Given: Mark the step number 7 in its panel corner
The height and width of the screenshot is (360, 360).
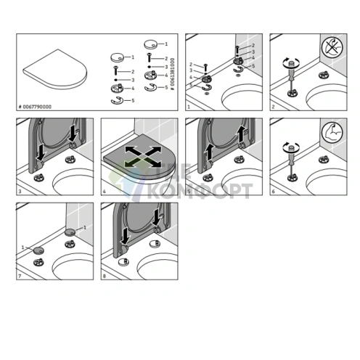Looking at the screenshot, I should click(20, 277).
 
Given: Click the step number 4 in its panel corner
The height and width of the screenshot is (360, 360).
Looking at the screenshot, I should click(105, 192).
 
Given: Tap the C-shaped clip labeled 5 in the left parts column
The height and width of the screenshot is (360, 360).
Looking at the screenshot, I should click(115, 100).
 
